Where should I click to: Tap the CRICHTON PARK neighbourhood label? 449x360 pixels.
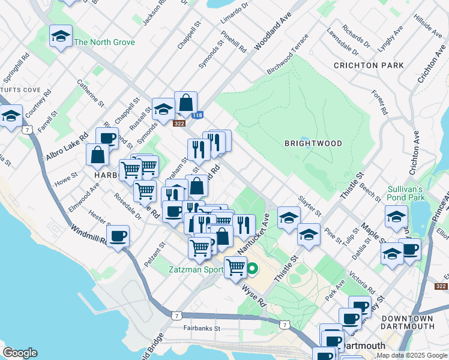[364, 65]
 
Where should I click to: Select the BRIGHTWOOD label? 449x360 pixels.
[313, 143]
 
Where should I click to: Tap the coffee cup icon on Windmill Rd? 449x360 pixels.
[118, 236]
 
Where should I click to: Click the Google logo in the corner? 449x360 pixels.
[20, 353]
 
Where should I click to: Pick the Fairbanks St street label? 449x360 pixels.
[202, 329]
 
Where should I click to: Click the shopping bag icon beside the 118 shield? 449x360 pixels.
[186, 103]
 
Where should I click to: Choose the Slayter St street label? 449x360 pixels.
[310, 206]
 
